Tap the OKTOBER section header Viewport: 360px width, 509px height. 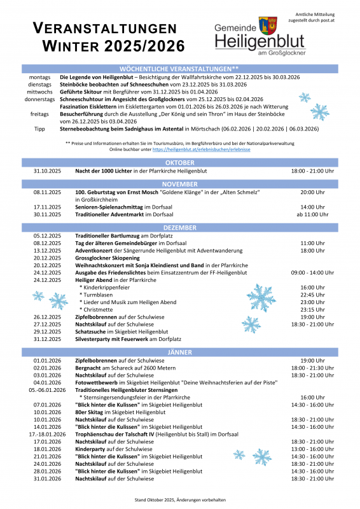(x=179, y=164)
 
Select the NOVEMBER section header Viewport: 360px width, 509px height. (x=179, y=184)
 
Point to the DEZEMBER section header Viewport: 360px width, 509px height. (x=179, y=227)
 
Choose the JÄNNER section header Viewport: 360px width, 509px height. (x=179, y=334)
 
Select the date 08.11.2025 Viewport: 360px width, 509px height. (x=46, y=192)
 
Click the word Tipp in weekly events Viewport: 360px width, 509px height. (x=39, y=129)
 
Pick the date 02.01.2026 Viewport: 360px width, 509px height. (x=46, y=350)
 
